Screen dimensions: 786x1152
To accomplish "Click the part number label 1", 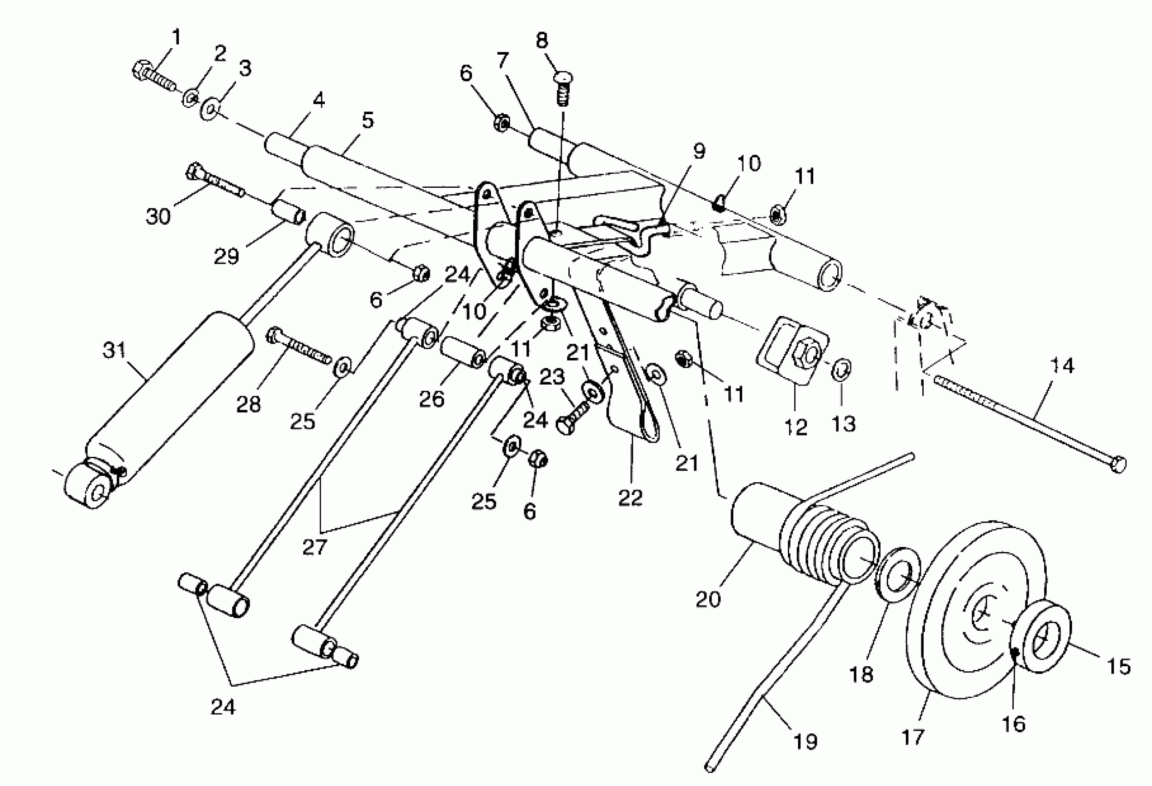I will pos(177,37).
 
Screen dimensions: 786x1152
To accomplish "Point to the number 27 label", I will pos(314,547).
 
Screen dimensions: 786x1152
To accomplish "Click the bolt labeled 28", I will pos(298,344).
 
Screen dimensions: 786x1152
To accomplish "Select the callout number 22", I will pos(630,497).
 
